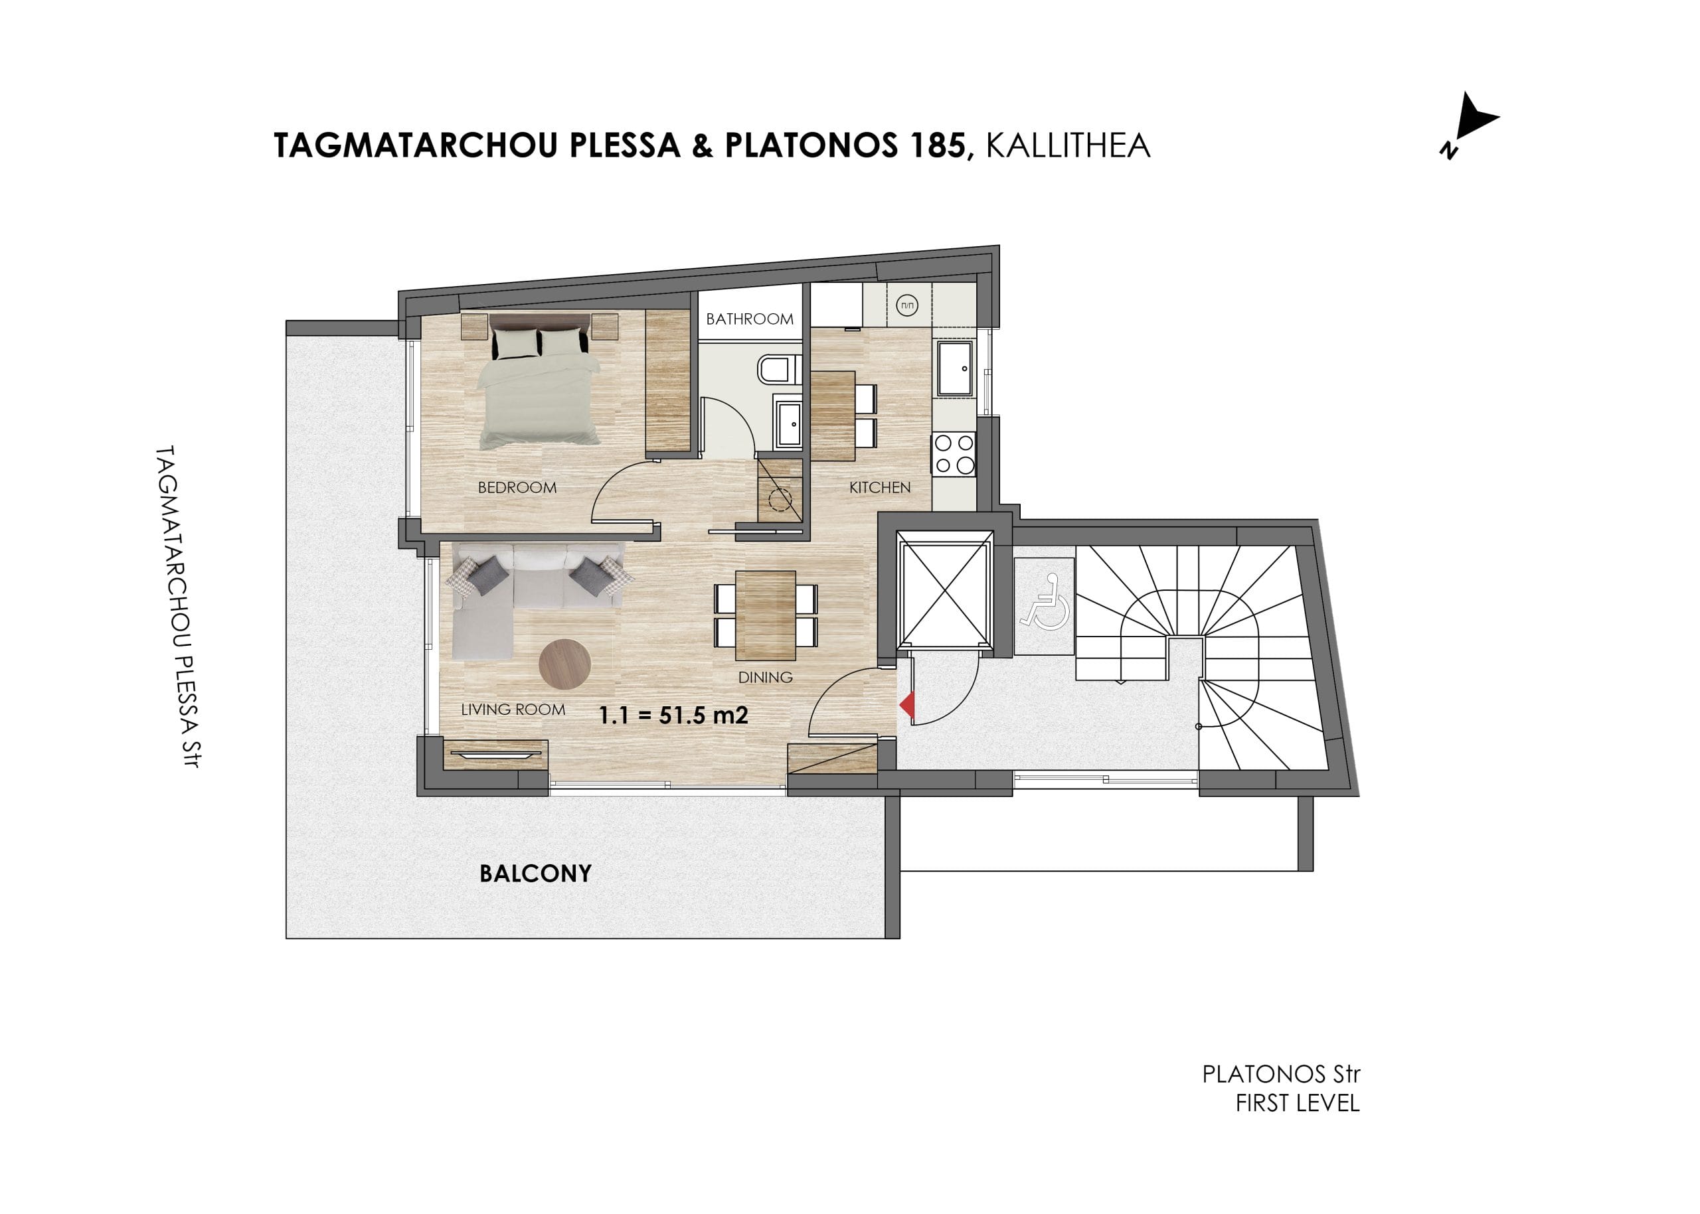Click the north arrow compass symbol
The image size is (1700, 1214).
pos(1468,125)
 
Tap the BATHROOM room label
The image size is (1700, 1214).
pos(750,319)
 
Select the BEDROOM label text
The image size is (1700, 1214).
pos(517,487)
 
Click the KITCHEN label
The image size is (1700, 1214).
pos(879,487)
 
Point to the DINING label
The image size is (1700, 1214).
pos(765,677)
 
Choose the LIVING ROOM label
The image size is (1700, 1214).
pos(513,710)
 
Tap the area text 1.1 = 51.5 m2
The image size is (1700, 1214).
pos(673,716)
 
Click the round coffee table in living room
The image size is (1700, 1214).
pos(564,663)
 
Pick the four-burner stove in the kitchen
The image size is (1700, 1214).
pos(954,455)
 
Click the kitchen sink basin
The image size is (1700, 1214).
pos(955,368)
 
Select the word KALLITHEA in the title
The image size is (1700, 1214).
pos(1067,146)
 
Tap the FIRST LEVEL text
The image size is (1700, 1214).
pos(1297,1103)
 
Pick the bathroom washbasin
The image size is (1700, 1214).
pos(788,424)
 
